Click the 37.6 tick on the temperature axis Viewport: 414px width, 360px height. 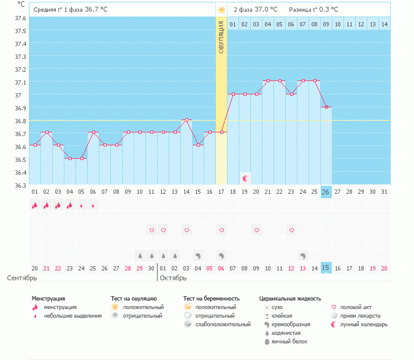point(20,18)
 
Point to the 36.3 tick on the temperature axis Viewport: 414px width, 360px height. point(20,185)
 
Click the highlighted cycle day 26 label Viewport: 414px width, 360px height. point(326,192)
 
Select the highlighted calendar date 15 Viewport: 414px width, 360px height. point(326,267)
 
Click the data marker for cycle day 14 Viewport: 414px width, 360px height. point(186,120)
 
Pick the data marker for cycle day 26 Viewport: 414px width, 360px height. point(326,107)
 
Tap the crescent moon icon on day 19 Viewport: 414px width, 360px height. point(245,178)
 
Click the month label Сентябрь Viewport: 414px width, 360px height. point(18,278)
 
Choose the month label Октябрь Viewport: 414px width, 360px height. point(173,278)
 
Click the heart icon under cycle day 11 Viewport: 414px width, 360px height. point(151,230)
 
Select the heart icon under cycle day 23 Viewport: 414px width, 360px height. point(291,230)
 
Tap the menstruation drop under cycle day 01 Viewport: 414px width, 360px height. point(35,205)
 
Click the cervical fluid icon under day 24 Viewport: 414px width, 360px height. point(303,255)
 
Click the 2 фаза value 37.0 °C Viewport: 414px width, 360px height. point(265,10)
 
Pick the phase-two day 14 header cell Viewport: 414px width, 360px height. point(385,24)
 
